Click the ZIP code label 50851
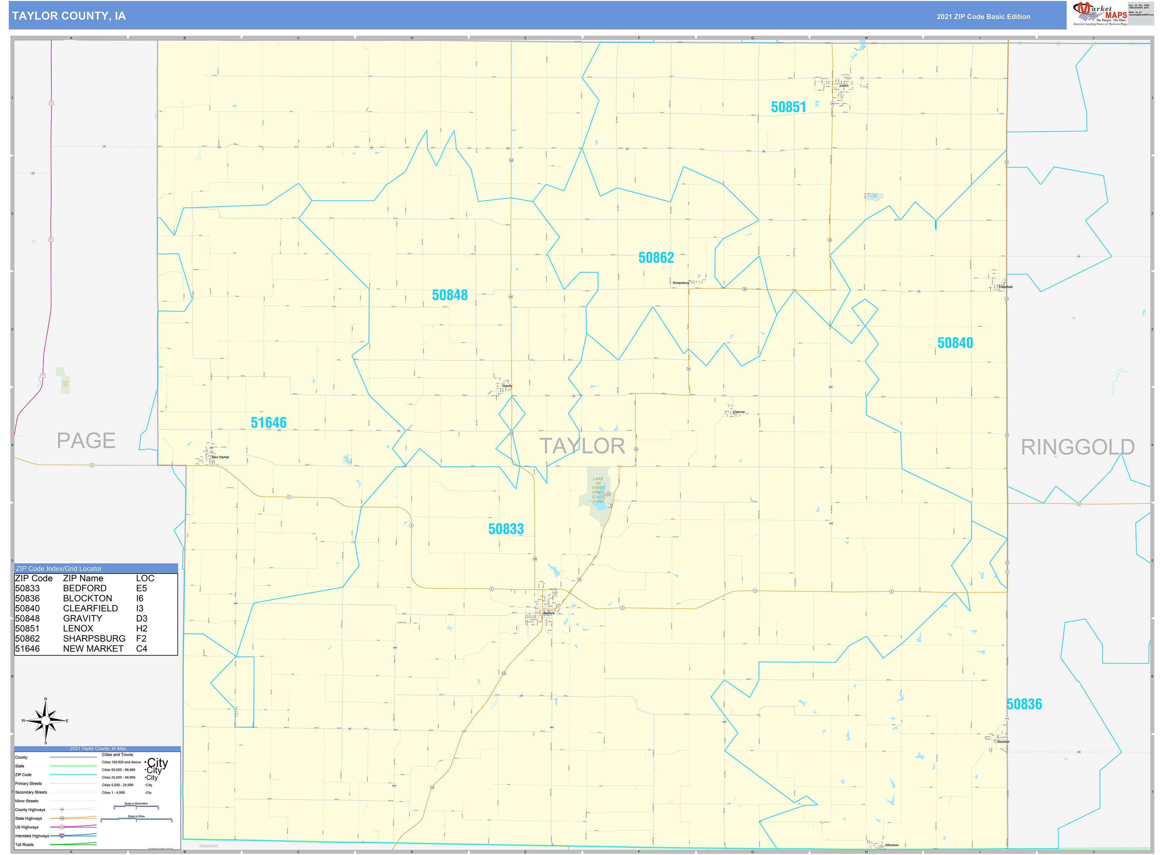(x=788, y=107)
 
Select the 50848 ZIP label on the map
(x=450, y=295)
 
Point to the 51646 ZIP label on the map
(x=269, y=423)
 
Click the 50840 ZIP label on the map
(x=955, y=343)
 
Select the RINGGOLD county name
(x=1077, y=447)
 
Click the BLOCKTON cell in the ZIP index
(x=87, y=598)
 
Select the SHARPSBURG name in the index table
(x=94, y=639)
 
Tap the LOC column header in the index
(x=145, y=578)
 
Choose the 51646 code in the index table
(x=27, y=648)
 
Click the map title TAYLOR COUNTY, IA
(x=69, y=16)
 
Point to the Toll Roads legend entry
(x=24, y=845)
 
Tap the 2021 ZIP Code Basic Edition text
(x=983, y=16)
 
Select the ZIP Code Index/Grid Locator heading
(x=59, y=568)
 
